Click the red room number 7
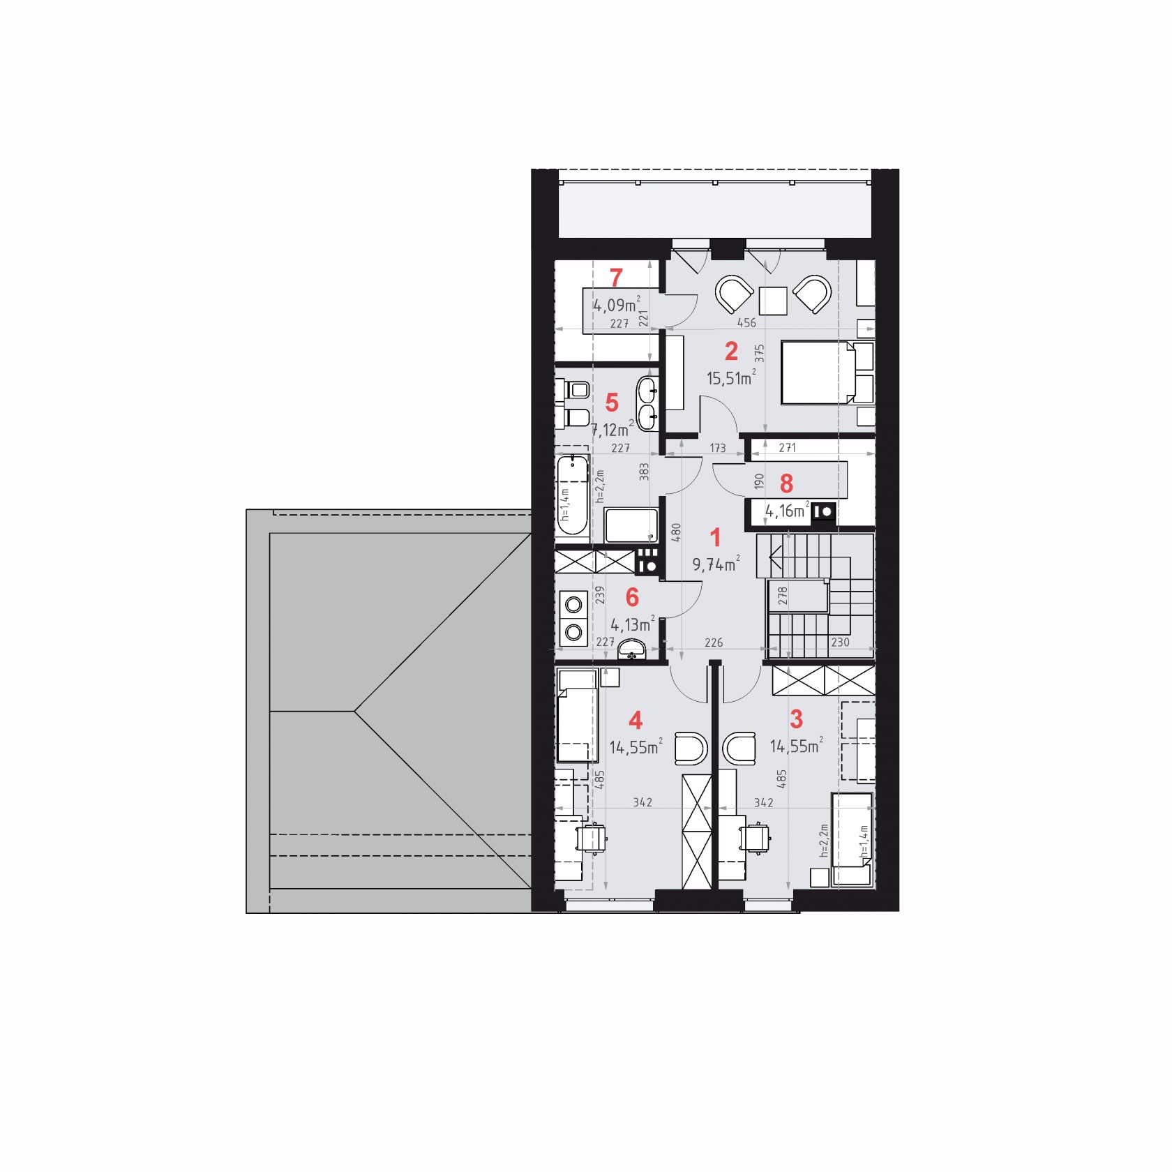pos(615,278)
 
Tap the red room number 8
pos(786,483)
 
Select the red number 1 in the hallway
pos(715,537)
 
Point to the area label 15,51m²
pos(731,378)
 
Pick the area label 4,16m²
pos(788,511)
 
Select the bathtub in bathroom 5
pos(573,495)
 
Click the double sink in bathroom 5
pos(647,403)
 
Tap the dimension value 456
pos(746,323)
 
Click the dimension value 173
pos(717,448)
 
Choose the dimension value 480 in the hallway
pos(675,534)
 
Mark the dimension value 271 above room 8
pos(787,448)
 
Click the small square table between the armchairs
pos(773,301)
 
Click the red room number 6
pos(632,597)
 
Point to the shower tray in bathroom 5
pos(631,525)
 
